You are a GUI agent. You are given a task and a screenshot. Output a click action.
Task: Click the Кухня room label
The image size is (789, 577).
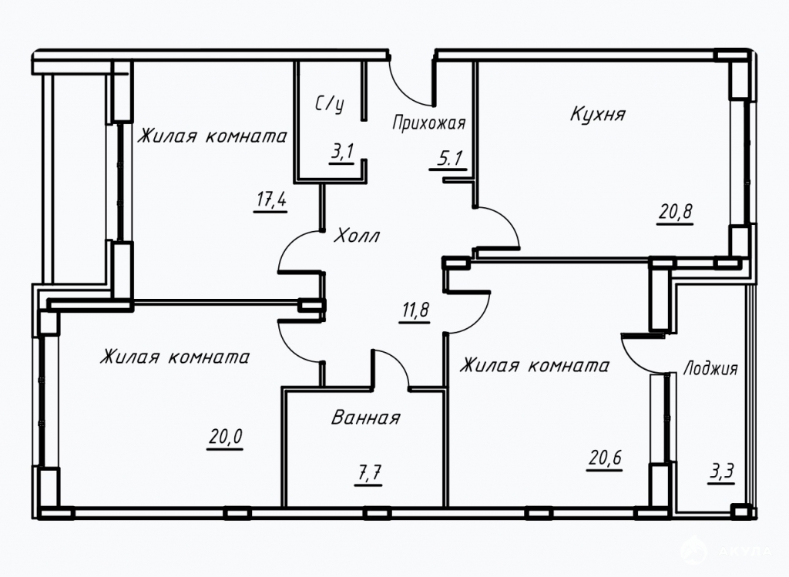597,113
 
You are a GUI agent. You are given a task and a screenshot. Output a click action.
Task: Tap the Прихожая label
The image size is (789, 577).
428,122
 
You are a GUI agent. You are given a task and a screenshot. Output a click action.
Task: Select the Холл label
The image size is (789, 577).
357,236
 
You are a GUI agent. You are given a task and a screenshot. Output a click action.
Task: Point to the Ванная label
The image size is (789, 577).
366,417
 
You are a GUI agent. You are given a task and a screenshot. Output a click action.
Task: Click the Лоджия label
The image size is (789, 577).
710,369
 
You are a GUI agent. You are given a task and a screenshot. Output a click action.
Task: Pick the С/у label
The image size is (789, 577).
330,104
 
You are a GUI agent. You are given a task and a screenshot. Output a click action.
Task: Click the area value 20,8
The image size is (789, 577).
676,213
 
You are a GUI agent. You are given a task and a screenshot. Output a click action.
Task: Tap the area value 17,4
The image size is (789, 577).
270,200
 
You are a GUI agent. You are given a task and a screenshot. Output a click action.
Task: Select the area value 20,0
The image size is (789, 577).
225,437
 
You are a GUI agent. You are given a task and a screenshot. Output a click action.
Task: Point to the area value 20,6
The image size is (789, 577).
604,458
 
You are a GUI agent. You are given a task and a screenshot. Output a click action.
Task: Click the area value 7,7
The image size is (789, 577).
368,473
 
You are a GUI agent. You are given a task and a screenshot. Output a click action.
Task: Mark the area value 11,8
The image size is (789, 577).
415,310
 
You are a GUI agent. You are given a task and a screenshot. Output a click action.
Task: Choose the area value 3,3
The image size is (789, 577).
721,472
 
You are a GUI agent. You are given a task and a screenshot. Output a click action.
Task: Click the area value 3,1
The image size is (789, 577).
342,152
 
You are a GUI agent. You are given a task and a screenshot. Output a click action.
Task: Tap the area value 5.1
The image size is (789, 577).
449,159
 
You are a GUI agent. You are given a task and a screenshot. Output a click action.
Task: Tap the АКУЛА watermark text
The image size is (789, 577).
745,552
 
